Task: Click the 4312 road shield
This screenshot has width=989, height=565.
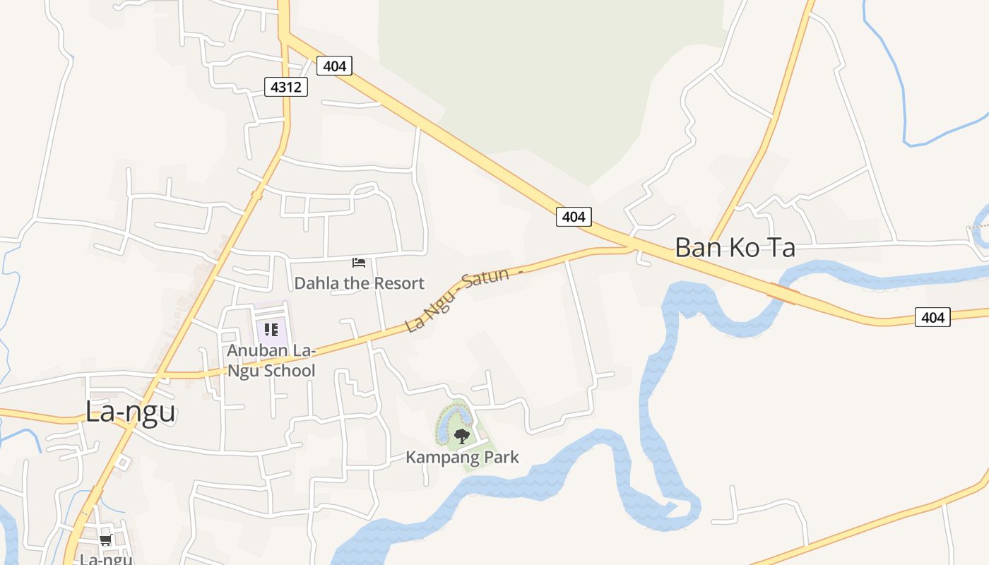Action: (x=286, y=87)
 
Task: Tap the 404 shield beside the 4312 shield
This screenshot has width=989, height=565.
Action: (x=334, y=66)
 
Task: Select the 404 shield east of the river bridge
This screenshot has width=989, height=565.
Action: (x=932, y=317)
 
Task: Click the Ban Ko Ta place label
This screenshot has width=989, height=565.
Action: (x=735, y=248)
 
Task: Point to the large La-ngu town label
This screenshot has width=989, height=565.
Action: (x=130, y=411)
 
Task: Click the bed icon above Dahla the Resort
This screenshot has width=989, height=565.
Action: (x=359, y=263)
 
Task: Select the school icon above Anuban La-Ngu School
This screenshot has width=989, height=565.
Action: (x=271, y=330)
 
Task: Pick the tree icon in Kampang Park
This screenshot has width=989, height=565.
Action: (x=462, y=436)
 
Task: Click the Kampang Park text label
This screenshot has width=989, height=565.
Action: (x=462, y=457)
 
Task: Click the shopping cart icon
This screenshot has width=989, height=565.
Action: (x=106, y=540)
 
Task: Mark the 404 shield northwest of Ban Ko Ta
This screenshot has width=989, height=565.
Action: (x=573, y=217)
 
